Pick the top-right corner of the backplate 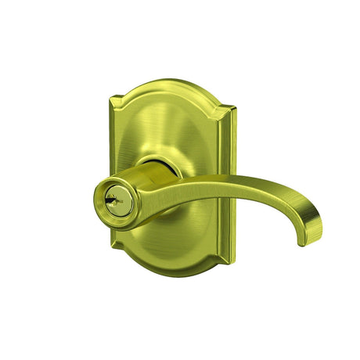coord(232,110)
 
